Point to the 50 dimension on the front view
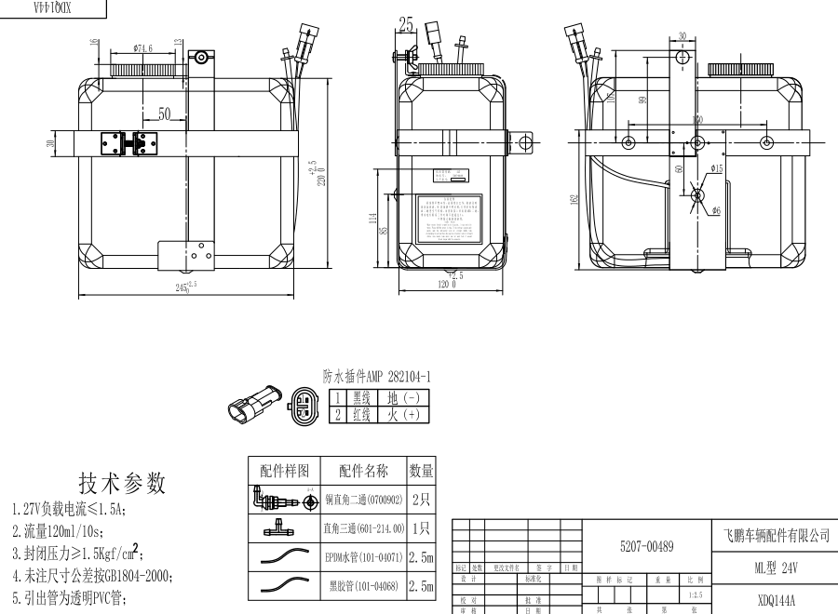coord(164,114)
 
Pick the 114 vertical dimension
coord(372,220)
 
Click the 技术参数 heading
coord(122,483)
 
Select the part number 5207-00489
coord(646,546)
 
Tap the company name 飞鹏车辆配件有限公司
coord(776,536)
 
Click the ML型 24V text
coord(776,567)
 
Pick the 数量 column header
coord(421,471)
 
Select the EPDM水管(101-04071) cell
coord(363,558)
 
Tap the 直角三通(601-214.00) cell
coord(363,528)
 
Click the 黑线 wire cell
coord(361,397)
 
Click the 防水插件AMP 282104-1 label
coord(376,377)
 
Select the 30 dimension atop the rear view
coord(683,37)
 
